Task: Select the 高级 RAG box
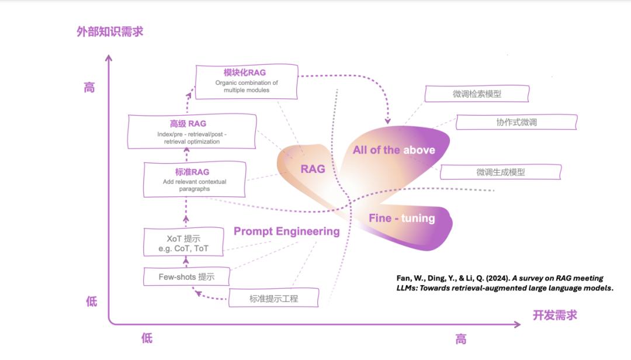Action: click(x=192, y=132)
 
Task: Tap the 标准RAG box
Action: click(x=195, y=179)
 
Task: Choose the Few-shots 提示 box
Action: click(x=186, y=277)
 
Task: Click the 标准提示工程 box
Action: click(x=273, y=299)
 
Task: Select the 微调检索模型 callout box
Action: click(x=477, y=94)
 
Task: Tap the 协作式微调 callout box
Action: click(x=516, y=122)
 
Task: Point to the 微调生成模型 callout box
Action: click(x=501, y=172)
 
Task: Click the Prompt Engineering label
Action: click(x=286, y=231)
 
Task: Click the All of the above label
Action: click(x=394, y=150)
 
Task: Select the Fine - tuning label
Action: click(x=401, y=219)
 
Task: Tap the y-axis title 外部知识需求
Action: click(x=110, y=32)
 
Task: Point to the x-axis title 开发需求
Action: click(x=554, y=315)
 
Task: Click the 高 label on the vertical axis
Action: click(x=89, y=88)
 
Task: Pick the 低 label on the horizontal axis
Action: click(x=147, y=338)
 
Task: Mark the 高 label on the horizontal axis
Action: click(x=461, y=339)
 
